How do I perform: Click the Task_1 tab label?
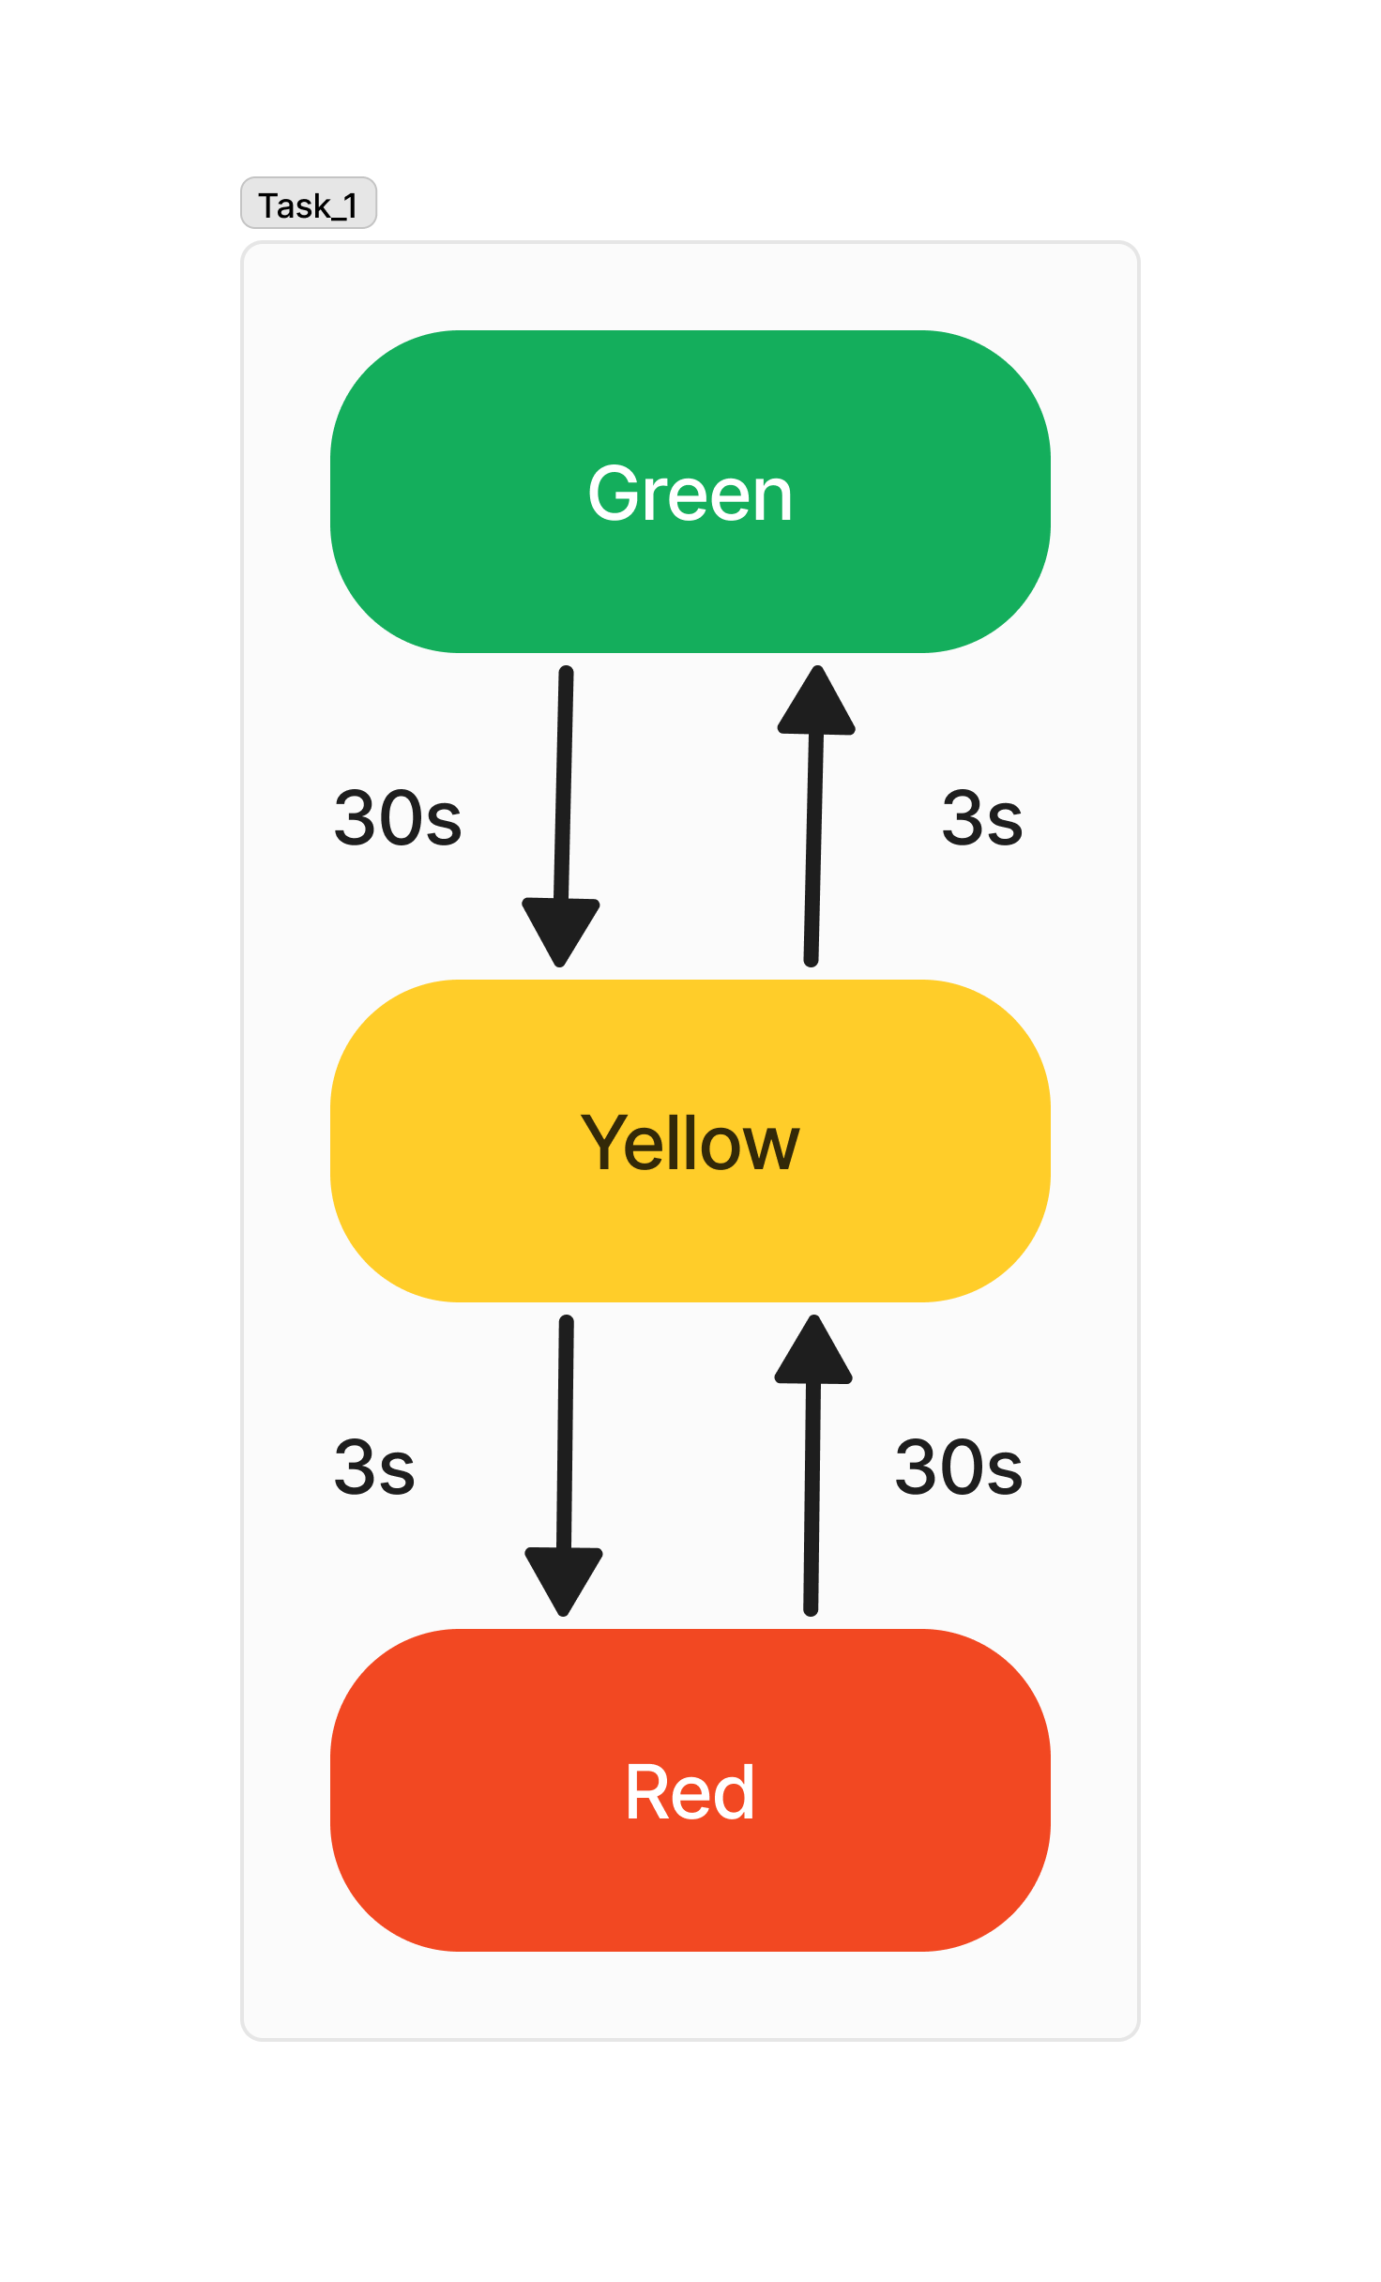(308, 204)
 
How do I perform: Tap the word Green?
(690, 494)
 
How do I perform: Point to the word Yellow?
(690, 1143)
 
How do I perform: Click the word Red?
(690, 1792)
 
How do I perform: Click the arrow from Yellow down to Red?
(565, 1445)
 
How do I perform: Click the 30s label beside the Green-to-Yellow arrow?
(398, 818)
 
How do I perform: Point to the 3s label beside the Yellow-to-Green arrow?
(981, 818)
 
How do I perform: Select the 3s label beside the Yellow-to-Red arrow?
(374, 1467)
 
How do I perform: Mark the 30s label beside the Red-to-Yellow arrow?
(958, 1467)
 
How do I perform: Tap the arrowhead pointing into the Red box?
(564, 1578)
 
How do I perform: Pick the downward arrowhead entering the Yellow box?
(561, 929)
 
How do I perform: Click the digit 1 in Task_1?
(349, 205)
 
